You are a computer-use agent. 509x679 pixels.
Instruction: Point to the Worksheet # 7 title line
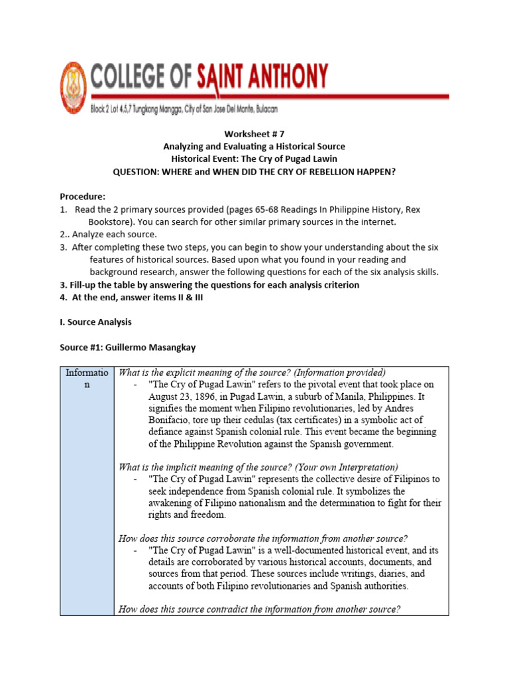point(254,133)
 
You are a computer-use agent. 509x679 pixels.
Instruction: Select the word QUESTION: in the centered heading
point(139,171)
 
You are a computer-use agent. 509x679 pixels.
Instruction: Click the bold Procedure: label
point(82,197)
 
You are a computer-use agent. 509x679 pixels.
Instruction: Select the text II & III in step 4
point(170,297)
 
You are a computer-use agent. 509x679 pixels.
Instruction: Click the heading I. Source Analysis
point(95,322)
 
